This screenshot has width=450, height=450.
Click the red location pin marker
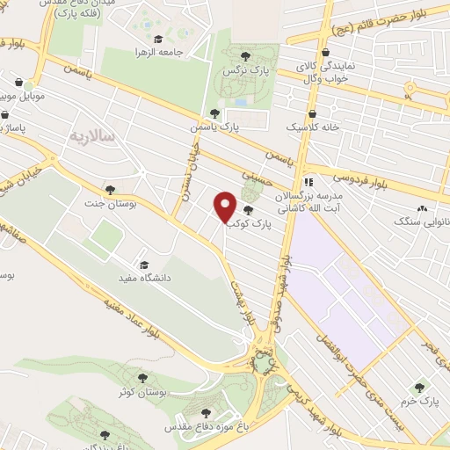[x=225, y=207]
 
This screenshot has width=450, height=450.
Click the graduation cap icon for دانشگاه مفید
[x=143, y=264]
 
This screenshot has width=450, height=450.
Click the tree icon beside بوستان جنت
[x=110, y=188]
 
